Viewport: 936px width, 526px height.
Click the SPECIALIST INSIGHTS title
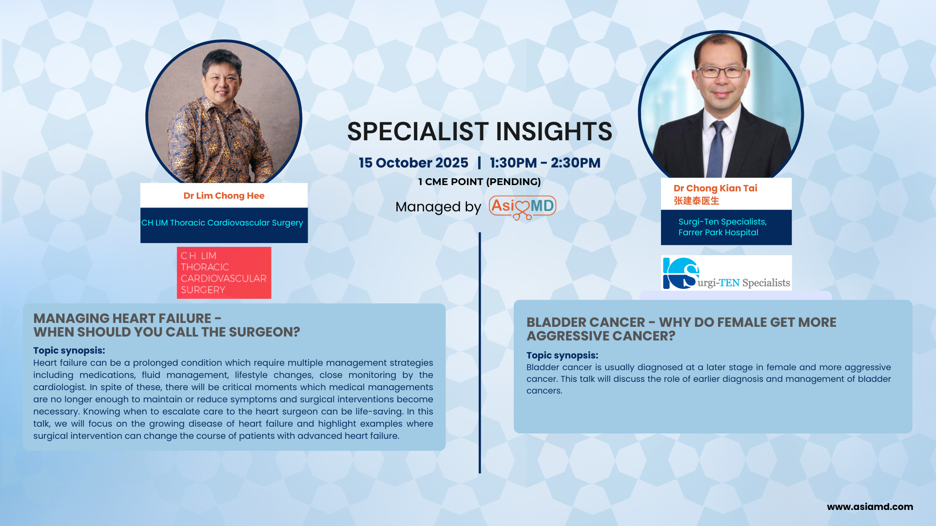[x=479, y=131]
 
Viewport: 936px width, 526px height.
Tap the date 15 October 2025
[x=413, y=163]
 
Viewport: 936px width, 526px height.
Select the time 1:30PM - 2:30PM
[x=545, y=163]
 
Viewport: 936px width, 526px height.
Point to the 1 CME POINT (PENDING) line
[x=479, y=182]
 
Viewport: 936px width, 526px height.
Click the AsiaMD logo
[x=523, y=207]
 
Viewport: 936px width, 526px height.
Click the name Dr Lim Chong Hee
[x=224, y=196]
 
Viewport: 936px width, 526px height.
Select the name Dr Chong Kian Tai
[x=715, y=188]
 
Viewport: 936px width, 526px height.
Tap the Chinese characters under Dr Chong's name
[x=696, y=201]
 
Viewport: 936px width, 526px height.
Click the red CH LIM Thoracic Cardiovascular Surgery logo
[x=224, y=273]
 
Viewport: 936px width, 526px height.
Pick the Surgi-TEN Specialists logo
[x=726, y=273]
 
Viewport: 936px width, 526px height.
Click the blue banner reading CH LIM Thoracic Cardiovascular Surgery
[x=224, y=225]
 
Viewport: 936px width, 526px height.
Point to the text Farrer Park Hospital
[x=718, y=233]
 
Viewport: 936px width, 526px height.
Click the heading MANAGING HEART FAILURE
[x=122, y=319]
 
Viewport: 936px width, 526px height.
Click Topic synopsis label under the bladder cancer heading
[x=562, y=356]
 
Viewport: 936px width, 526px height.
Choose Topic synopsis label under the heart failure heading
[x=69, y=351]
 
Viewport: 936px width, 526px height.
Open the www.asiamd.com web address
[x=870, y=507]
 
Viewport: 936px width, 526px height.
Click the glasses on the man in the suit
[x=721, y=72]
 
